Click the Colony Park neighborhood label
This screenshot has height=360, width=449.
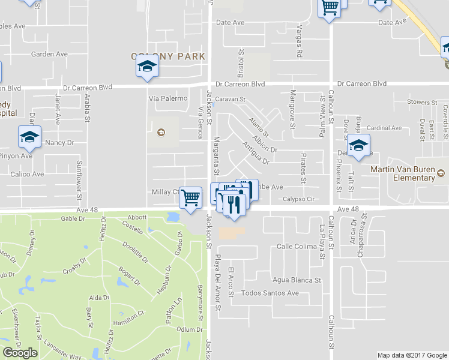coord(168,56)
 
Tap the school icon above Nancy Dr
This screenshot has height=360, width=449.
coord(29,137)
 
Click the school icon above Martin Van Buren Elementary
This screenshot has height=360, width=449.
coord(358,146)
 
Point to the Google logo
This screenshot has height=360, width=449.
coord(20,353)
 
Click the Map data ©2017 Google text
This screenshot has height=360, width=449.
coord(412,355)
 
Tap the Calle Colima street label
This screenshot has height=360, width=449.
coord(297,247)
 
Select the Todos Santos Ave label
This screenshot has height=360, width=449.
coord(270,293)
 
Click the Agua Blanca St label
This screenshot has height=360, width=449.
coord(297,280)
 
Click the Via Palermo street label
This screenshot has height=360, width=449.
coord(168,98)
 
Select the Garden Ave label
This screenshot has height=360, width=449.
coord(48,53)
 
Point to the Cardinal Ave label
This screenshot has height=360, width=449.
coord(384,128)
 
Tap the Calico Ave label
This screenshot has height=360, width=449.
coord(29,174)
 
